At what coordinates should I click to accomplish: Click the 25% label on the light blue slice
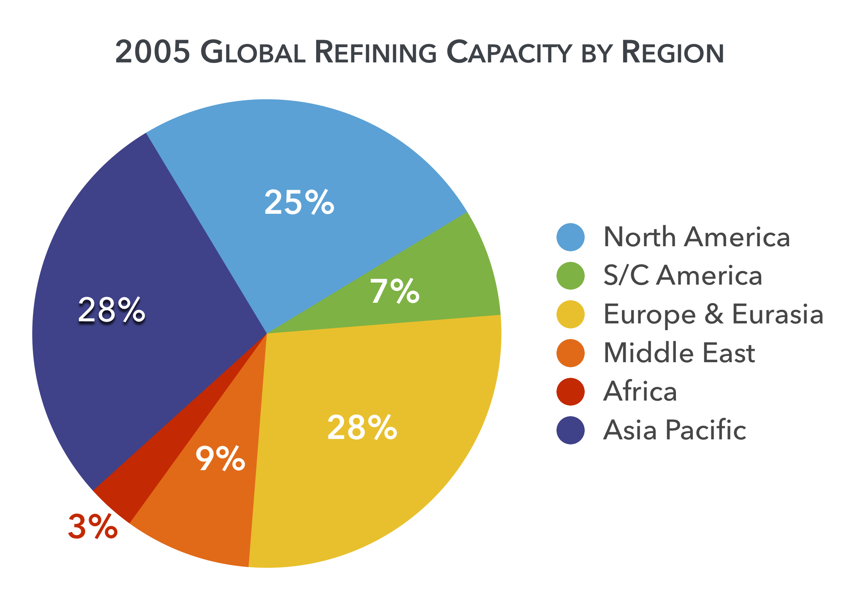click(x=299, y=202)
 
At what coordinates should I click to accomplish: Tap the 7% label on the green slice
click(x=395, y=291)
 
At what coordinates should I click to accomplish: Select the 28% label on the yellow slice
click(x=362, y=428)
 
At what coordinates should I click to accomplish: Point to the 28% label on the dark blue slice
click(x=111, y=310)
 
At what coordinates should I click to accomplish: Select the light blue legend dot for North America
click(x=570, y=237)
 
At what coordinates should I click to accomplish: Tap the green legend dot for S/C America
click(x=570, y=276)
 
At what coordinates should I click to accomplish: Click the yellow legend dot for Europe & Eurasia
click(x=570, y=314)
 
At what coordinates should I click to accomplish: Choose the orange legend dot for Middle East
click(x=570, y=353)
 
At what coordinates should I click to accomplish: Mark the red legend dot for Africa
click(x=570, y=391)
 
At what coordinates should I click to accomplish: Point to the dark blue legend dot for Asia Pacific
click(x=570, y=430)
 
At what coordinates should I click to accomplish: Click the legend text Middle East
click(x=679, y=353)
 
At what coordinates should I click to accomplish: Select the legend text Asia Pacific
click(x=675, y=430)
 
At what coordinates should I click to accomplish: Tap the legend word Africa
click(x=640, y=391)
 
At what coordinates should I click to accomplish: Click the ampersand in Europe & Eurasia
click(x=713, y=315)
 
